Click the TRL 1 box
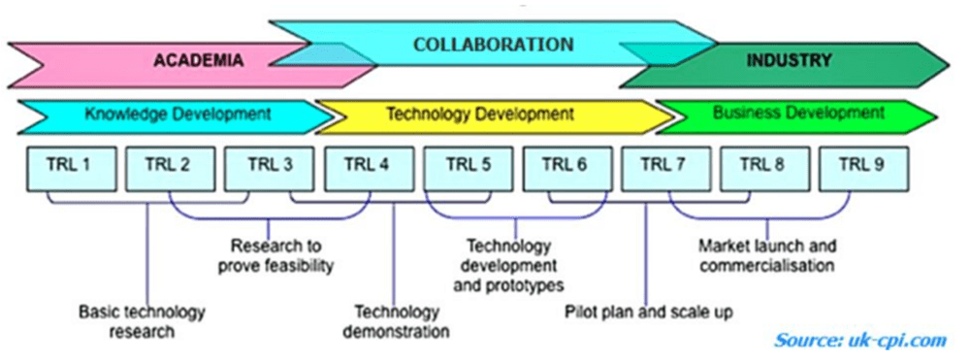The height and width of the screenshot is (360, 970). (71, 168)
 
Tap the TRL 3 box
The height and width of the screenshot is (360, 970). (269, 168)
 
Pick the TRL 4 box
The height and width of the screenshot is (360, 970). (370, 168)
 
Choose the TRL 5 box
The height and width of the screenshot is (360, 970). (469, 168)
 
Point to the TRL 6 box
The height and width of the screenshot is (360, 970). (567, 168)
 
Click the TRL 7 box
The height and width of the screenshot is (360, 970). (665, 168)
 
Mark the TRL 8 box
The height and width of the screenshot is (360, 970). (764, 168)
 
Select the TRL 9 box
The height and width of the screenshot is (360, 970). (863, 168)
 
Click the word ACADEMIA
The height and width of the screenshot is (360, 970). (198, 60)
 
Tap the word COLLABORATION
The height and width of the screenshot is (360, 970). (493, 45)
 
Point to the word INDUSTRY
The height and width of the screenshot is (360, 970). (789, 60)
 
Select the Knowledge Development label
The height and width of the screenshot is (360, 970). (178, 115)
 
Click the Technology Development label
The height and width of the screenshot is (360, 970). (480, 115)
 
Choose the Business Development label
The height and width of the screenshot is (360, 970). (798, 114)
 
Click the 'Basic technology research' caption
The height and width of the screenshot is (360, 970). (142, 320)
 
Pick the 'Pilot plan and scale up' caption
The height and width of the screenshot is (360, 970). (648, 311)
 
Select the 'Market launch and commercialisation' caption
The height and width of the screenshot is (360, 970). (767, 255)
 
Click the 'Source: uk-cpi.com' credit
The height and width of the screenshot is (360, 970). (860, 340)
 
